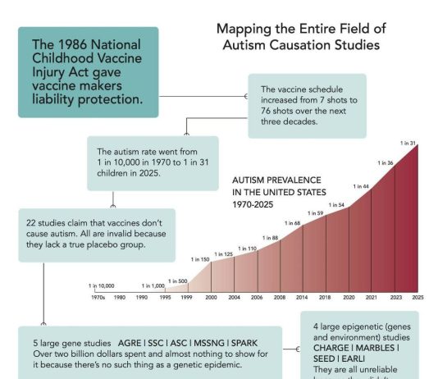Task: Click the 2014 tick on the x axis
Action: (x=302, y=296)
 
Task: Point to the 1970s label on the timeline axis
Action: (x=98, y=296)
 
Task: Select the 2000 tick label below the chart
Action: (x=211, y=296)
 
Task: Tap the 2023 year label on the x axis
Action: (x=396, y=296)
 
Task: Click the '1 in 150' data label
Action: (x=200, y=259)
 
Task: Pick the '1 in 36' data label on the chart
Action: (x=385, y=163)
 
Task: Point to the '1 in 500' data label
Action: (x=177, y=281)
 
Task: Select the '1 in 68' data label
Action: (x=292, y=223)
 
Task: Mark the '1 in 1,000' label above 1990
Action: (x=153, y=285)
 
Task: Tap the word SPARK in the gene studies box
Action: (x=248, y=342)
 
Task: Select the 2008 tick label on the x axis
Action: (x=279, y=296)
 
